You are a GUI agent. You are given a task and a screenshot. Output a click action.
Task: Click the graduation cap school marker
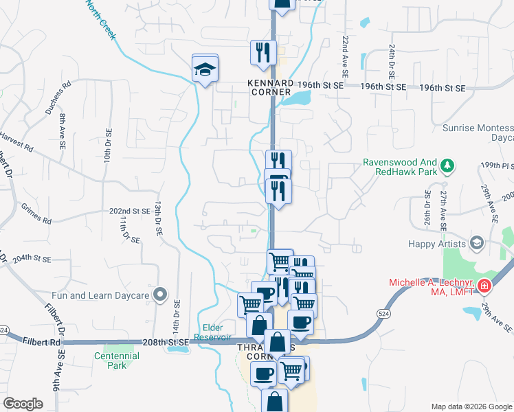pyautogui.click(x=205, y=68)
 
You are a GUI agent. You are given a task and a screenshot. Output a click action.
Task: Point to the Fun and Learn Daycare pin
pyautogui.click(x=160, y=295)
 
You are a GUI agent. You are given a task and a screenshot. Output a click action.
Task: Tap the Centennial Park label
pyautogui.click(x=116, y=360)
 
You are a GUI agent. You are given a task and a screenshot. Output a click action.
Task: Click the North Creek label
pyautogui.click(x=100, y=19)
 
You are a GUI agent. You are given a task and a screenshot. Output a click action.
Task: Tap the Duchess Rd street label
pyautogui.click(x=57, y=99)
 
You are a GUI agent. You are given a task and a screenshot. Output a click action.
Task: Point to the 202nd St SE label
pyautogui.click(x=130, y=212)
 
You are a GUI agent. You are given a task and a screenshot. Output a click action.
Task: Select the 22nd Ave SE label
pyautogui.click(x=342, y=55)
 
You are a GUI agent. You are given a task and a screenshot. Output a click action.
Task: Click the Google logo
pyautogui.click(x=23, y=404)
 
